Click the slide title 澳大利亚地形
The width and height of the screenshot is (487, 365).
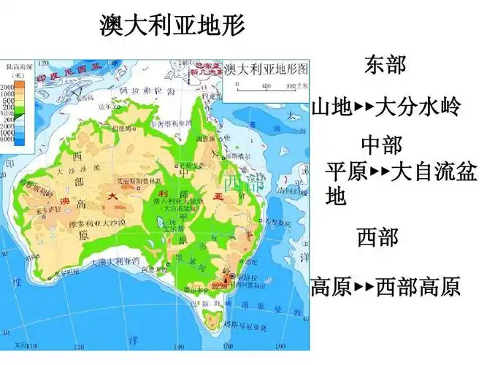pos(172,26)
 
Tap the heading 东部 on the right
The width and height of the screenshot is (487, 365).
pos(385,64)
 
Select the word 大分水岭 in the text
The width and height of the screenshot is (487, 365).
pos(418,109)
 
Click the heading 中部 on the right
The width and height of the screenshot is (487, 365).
pos(382,144)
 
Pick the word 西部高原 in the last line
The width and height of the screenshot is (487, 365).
pos(418,287)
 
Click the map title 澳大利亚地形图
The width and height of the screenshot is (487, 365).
pos(266,69)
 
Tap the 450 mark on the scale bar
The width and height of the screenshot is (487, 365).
pos(266,87)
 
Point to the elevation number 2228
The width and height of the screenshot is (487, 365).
pos(218,285)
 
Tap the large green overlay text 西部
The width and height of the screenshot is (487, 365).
pos(240,182)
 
